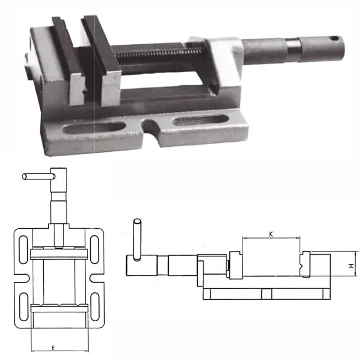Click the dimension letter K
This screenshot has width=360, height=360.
coord(271,234)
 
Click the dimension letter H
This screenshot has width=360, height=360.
coord(352,266)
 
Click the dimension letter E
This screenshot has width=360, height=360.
coord(53,348)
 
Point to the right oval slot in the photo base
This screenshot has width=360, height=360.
coord(200,120)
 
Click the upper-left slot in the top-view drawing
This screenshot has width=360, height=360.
coord(23,249)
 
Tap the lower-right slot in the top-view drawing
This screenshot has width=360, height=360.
coord(95,306)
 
